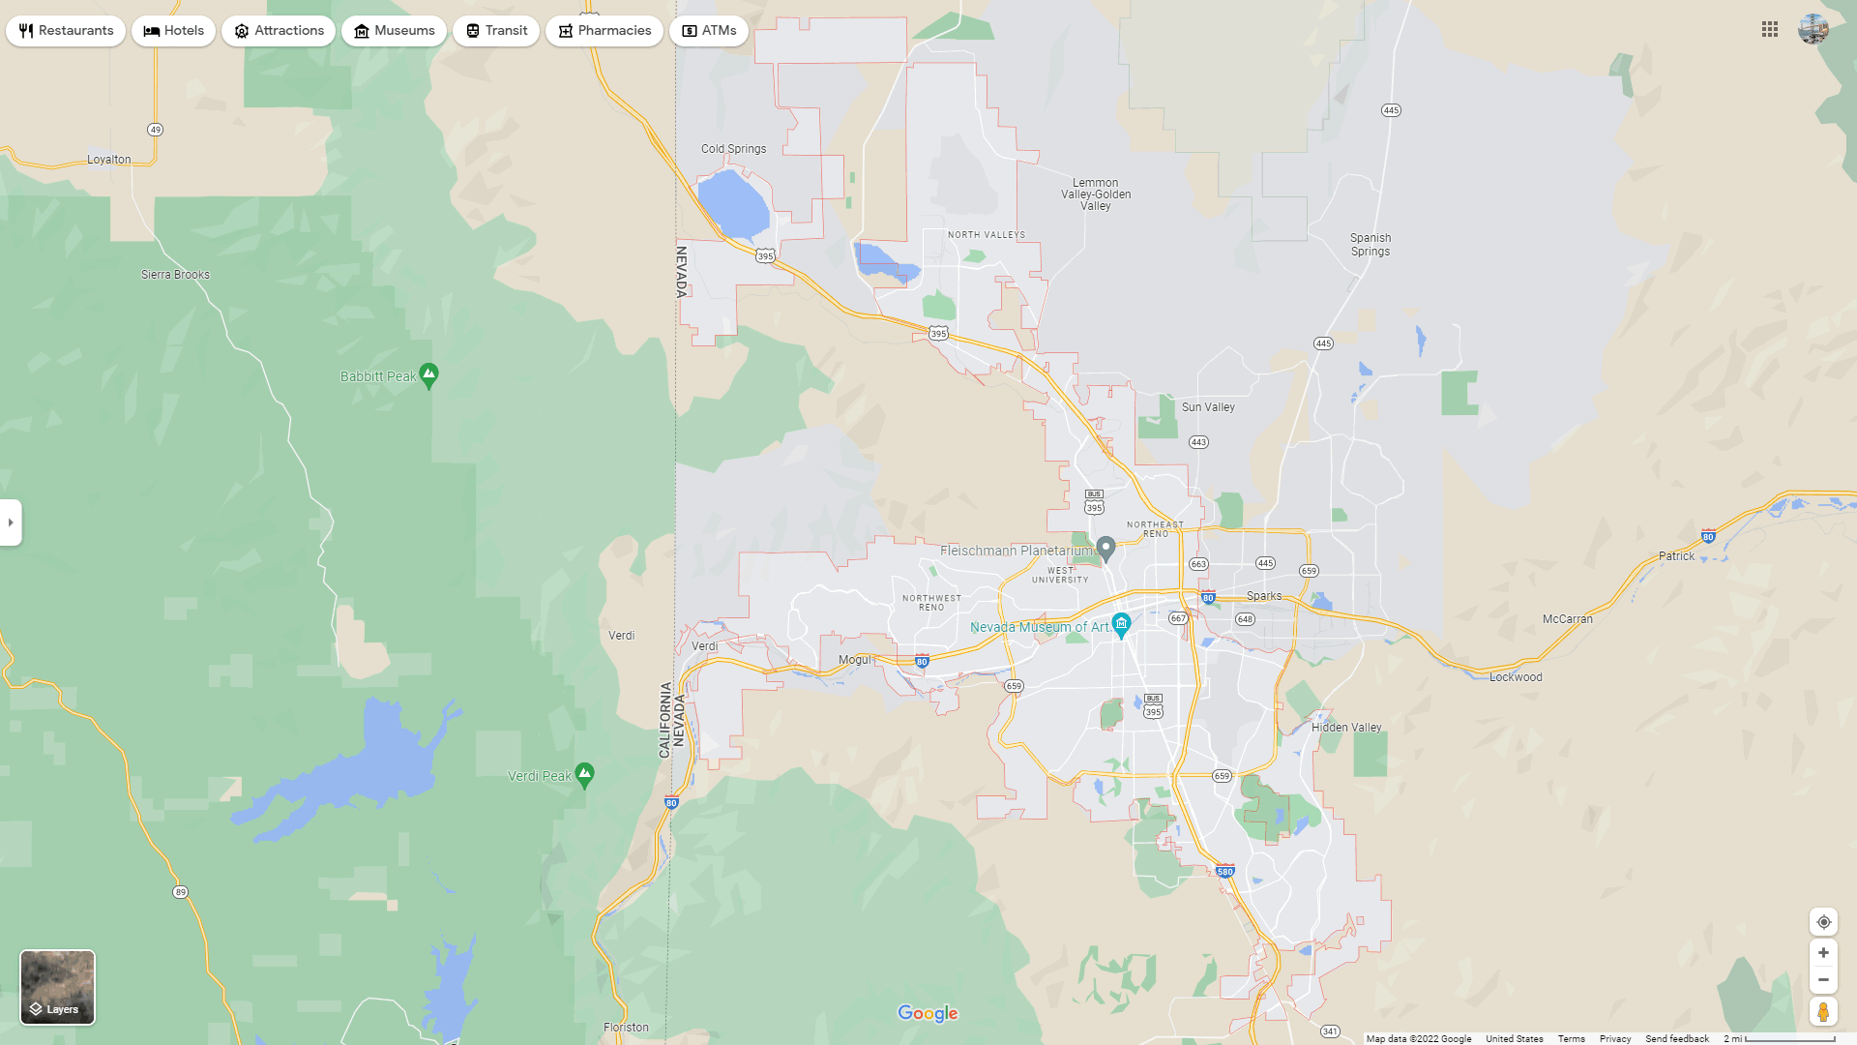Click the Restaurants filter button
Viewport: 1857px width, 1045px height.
pyautogui.click(x=66, y=31)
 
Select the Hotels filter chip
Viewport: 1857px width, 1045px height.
pyautogui.click(x=174, y=31)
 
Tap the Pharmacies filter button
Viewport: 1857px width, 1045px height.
pyautogui.click(x=604, y=31)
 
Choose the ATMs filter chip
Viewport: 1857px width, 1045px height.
pyautogui.click(x=709, y=31)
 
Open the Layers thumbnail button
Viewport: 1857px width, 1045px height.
pyautogui.click(x=58, y=987)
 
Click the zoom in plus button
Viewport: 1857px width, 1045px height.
pyautogui.click(x=1823, y=953)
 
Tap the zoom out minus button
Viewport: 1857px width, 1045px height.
pyautogui.click(x=1823, y=980)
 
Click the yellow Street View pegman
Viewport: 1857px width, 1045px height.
pyautogui.click(x=1823, y=1012)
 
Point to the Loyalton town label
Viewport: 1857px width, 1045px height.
pyautogui.click(x=109, y=160)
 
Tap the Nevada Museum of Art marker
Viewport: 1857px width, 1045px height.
pyautogui.click(x=1121, y=625)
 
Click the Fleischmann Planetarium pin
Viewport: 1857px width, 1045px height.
pyautogui.click(x=1106, y=549)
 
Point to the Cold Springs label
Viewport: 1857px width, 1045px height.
pyautogui.click(x=733, y=149)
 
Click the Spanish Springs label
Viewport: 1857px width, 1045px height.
pyautogui.click(x=1371, y=245)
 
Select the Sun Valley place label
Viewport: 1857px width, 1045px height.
pyautogui.click(x=1208, y=407)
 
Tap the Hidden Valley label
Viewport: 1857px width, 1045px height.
pyautogui.click(x=1346, y=728)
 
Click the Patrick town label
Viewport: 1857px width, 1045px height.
pyautogui.click(x=1676, y=556)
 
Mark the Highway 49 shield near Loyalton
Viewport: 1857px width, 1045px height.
pyautogui.click(x=155, y=130)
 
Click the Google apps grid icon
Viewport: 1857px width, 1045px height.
pyautogui.click(x=1770, y=30)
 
